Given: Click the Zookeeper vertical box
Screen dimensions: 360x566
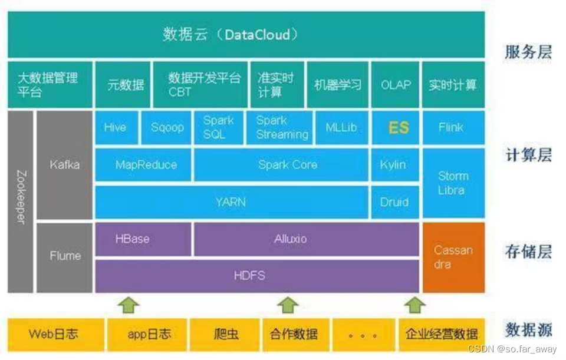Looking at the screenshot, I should (20, 201).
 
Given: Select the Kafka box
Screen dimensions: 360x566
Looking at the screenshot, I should (64, 165).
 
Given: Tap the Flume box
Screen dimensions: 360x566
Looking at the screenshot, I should (64, 256).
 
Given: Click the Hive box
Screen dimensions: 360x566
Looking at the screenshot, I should (116, 127).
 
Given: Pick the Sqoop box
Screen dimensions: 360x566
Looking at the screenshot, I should (167, 127).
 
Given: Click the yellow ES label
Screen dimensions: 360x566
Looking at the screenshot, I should (399, 127).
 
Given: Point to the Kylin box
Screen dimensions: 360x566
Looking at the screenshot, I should (393, 164).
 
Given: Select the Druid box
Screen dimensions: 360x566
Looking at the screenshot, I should (393, 202).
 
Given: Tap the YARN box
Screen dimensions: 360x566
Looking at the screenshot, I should (231, 202).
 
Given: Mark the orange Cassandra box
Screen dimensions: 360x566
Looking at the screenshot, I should (453, 257).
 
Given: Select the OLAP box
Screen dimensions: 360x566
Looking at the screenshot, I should (396, 85).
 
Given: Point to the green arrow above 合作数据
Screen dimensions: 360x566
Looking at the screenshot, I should (288, 305).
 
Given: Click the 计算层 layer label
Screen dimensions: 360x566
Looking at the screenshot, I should (528, 156).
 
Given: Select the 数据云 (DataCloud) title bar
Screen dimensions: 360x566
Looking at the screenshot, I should (246, 34).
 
